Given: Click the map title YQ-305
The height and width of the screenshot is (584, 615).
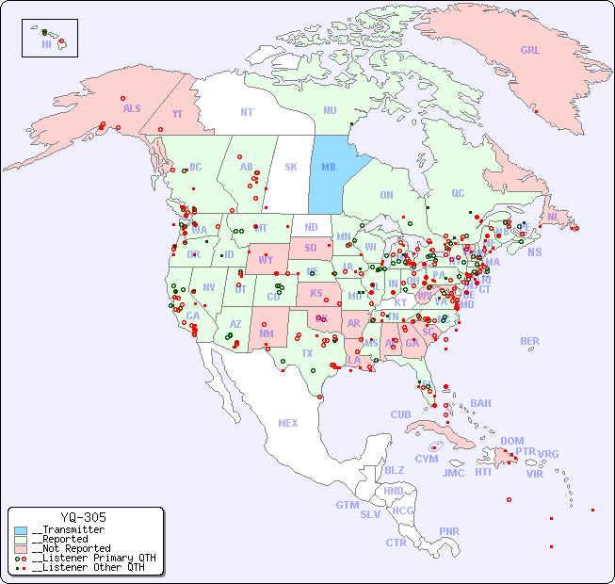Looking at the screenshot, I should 83,517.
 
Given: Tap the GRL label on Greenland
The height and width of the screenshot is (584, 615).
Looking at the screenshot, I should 530,50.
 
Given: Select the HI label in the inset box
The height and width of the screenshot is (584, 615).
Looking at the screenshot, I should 46,44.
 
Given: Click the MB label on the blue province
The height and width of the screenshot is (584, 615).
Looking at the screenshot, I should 329,167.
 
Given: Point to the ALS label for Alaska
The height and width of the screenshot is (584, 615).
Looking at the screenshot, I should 132,108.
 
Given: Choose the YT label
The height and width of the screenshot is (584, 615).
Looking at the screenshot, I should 177,114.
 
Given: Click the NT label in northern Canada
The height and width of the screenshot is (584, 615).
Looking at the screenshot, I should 247,112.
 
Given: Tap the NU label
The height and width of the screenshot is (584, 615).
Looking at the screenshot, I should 330,110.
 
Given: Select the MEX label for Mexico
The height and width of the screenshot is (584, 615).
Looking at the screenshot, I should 288,423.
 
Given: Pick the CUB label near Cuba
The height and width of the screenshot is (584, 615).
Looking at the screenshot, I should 400,414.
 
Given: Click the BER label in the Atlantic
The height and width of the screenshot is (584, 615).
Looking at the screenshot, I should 529,341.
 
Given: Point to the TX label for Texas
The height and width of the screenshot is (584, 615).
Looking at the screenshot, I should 307,353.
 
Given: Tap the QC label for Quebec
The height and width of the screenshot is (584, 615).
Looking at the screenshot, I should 458,193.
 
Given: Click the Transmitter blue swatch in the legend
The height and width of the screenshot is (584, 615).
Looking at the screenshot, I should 21,530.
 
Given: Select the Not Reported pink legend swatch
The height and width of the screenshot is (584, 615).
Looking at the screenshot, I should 21,548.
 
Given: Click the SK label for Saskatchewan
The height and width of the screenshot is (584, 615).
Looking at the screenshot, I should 291,167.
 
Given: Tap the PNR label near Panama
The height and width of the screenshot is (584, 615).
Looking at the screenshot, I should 449,531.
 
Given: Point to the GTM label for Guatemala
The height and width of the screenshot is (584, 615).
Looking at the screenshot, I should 347,505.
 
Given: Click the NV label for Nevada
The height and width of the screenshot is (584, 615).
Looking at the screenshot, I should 208,287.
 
